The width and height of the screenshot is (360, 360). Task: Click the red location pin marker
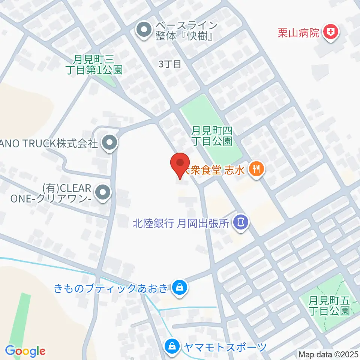point(180,164)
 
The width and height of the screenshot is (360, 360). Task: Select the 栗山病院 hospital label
point(298,32)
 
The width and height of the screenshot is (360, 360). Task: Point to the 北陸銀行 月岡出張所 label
point(180,224)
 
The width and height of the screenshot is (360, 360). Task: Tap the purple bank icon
point(240,222)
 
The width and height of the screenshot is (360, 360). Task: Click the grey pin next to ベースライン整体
point(143,31)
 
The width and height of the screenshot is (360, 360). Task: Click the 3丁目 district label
point(170,64)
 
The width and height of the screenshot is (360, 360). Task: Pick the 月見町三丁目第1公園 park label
point(97,64)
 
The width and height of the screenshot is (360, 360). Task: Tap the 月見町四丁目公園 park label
point(211,136)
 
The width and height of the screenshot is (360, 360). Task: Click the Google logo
point(25,351)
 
